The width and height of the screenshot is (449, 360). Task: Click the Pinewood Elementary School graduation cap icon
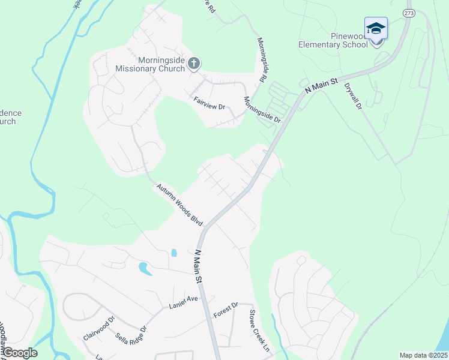coord(376,28)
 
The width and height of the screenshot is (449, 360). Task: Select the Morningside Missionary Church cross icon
coord(193,64)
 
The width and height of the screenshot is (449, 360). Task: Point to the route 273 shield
coord(409,13)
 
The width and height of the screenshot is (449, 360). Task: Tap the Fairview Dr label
coord(209,103)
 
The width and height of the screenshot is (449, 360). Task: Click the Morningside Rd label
coord(262,60)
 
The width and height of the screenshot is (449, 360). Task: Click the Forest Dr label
coord(226,311)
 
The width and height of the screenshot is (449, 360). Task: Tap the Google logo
coord(19,353)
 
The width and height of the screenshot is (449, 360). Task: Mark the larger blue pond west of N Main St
coord(144,267)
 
